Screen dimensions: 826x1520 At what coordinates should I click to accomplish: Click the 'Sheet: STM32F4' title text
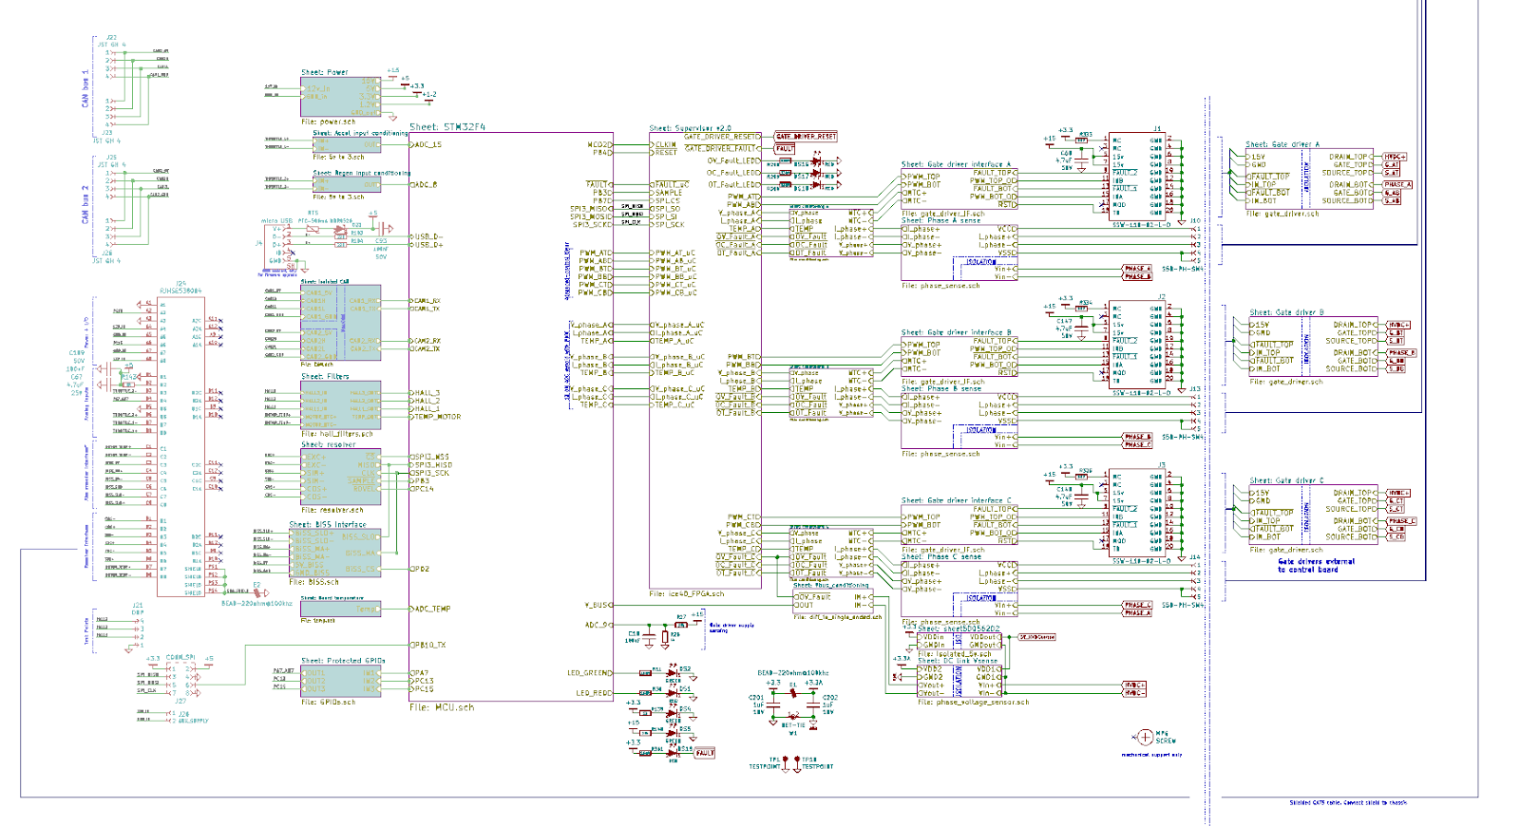(x=447, y=127)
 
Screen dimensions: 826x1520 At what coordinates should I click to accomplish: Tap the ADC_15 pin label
(x=428, y=145)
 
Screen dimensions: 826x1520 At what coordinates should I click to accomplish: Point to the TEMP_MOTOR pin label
(x=437, y=416)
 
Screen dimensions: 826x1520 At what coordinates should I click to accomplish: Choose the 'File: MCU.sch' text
(x=441, y=707)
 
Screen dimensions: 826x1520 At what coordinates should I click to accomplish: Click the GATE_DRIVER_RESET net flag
(x=806, y=137)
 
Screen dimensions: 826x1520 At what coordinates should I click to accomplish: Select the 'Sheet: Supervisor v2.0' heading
(x=691, y=128)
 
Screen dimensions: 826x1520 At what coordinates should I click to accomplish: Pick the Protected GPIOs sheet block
(x=340, y=682)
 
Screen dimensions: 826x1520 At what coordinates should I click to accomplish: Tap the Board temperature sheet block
(x=340, y=609)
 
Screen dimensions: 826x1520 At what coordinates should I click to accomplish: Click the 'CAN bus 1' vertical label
(x=85, y=87)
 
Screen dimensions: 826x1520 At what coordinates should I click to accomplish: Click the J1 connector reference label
(x=1157, y=129)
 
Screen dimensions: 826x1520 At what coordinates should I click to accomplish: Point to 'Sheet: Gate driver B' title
(x=1286, y=312)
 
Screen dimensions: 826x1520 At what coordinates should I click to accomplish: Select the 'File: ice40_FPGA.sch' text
(x=687, y=594)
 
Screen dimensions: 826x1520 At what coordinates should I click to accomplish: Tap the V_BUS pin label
(x=597, y=605)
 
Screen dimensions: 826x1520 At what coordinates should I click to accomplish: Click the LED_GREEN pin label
(x=589, y=673)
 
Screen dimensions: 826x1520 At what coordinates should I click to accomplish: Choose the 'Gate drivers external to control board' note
(x=1316, y=566)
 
